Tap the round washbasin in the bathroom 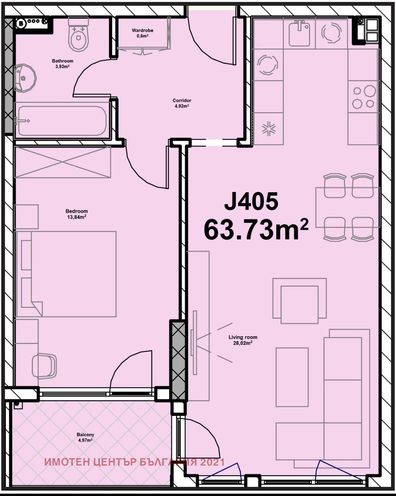[25, 78]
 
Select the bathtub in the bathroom [62, 121]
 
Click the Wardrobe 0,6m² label [142, 33]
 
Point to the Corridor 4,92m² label [182, 103]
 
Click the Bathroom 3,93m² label [63, 64]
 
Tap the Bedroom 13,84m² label [76, 214]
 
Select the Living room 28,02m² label [243, 340]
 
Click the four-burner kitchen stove [364, 97]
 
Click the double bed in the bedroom [66, 274]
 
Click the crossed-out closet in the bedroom [63, 162]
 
